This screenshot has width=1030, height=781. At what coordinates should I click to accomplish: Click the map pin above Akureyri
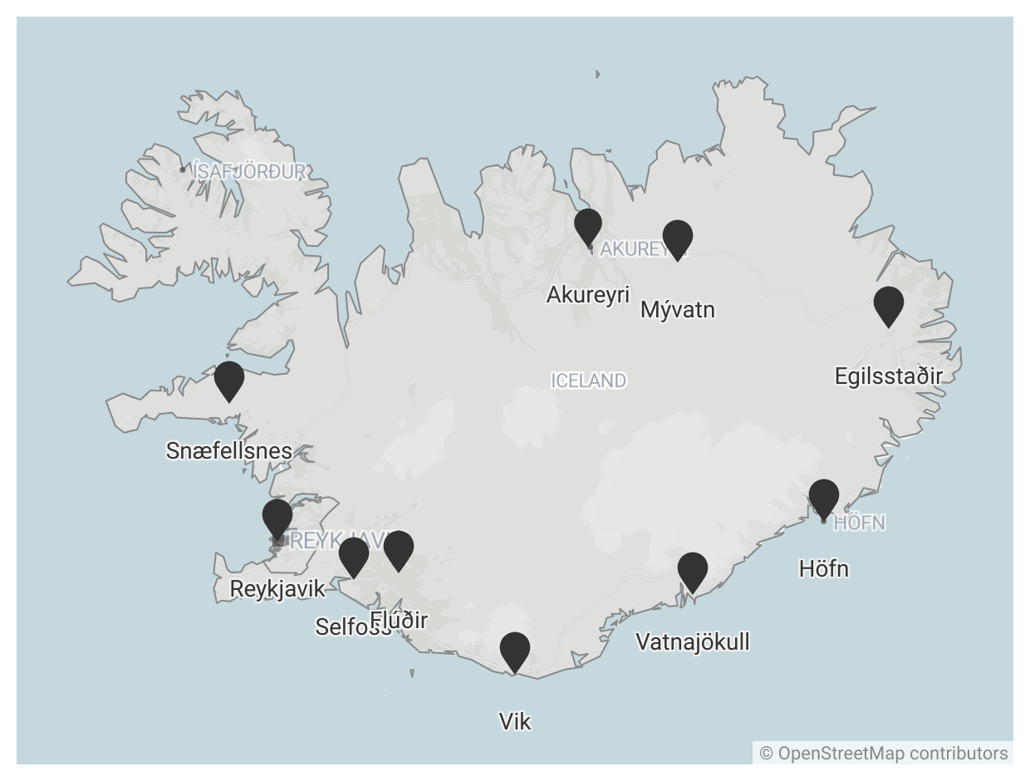coord(588,225)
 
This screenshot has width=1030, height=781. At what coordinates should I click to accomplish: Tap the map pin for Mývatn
coord(678,238)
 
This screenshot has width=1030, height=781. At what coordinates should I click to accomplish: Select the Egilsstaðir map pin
coord(889,304)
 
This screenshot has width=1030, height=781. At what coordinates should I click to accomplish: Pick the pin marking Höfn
coord(824,497)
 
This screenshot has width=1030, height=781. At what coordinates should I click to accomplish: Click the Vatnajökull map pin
coord(693,570)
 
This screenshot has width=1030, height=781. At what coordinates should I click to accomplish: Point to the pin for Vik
coord(515,650)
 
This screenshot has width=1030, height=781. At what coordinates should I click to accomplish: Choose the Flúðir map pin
coord(399,548)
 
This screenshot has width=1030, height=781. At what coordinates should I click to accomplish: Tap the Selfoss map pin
coord(354,555)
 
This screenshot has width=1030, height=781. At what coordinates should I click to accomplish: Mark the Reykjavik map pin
coord(277,517)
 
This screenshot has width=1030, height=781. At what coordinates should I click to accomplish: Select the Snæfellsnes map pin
coord(229,379)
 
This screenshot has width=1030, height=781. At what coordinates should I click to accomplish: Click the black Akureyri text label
coord(588,295)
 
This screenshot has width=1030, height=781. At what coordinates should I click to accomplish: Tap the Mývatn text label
coord(678,310)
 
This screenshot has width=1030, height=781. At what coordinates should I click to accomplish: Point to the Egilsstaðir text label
coord(889,376)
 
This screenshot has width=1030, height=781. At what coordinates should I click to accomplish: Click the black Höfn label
coord(824,569)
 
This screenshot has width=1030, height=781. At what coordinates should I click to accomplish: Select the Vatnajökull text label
coord(693,642)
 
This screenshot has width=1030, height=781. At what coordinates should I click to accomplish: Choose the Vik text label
coord(515,722)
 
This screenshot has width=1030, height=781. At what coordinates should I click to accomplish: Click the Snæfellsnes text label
coord(229,451)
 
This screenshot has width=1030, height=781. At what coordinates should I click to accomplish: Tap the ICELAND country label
coord(588,381)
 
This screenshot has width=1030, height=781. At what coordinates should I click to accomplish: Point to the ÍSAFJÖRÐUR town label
coord(248,172)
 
